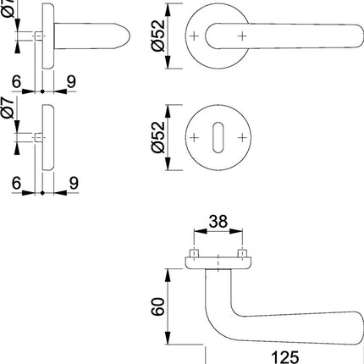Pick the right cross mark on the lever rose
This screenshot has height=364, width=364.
click(x=245, y=35)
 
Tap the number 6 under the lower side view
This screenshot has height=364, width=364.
click(x=17, y=180)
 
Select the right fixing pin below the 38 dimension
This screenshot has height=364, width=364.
click(x=244, y=255)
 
